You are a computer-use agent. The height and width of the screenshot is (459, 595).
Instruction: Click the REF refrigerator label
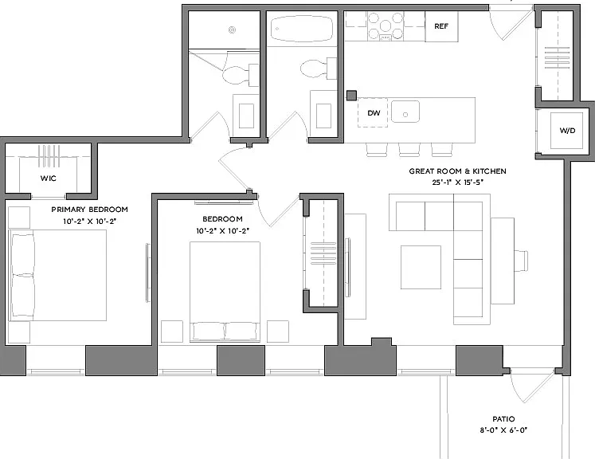(441, 26)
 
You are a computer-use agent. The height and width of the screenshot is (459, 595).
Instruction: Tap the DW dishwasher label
(374, 112)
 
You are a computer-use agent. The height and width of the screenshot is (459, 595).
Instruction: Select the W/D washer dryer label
(567, 131)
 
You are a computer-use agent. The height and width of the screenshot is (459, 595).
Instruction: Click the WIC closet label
(49, 178)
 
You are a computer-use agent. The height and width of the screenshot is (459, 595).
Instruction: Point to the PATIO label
(503, 419)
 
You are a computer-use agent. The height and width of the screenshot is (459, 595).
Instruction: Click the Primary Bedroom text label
(89, 210)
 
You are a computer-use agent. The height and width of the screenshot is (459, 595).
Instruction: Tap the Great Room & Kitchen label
(457, 171)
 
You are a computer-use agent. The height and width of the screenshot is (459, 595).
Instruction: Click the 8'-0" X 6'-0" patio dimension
(503, 430)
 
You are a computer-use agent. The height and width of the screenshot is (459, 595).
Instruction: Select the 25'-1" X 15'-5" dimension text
(457, 182)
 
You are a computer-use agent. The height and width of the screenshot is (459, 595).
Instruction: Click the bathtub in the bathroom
(302, 29)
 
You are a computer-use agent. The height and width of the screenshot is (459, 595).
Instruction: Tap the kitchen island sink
(405, 112)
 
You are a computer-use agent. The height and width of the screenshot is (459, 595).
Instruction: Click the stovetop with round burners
(386, 26)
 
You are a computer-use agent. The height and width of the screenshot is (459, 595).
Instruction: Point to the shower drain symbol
(233, 30)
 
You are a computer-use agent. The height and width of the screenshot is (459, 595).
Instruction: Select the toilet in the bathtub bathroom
(318, 69)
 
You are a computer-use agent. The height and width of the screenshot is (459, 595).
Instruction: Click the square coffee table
(421, 267)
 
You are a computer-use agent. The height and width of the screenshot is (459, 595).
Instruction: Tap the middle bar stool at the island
(409, 150)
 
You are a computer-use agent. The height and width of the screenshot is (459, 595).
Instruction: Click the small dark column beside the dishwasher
(351, 96)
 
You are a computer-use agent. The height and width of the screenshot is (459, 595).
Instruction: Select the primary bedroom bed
(57, 275)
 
